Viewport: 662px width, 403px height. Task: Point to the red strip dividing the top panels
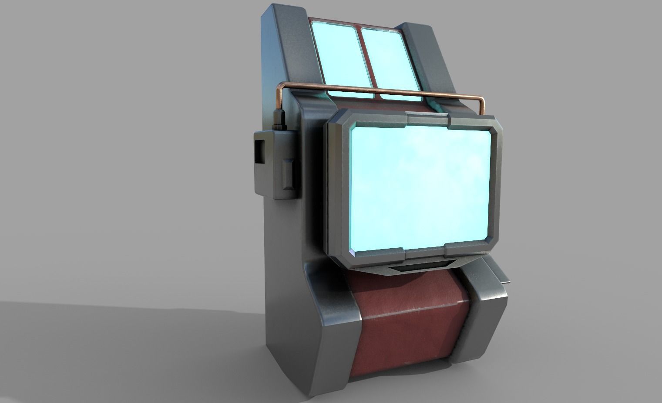coord(365,57)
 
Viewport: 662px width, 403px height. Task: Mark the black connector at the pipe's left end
coord(279,120)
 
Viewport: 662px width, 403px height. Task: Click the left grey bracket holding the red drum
coord(331,330)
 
